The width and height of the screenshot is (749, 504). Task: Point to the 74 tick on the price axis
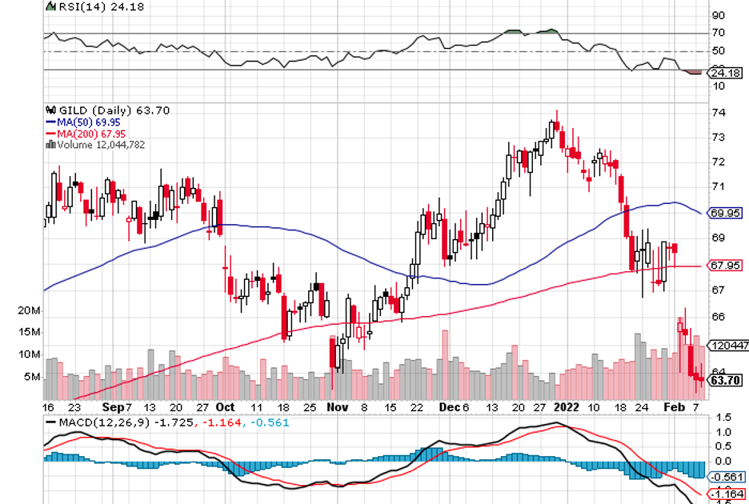tap(719, 112)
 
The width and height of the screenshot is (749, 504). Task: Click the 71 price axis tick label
tap(719, 186)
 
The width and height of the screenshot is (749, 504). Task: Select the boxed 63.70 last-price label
tap(726, 380)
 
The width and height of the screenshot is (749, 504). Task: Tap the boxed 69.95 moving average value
tap(726, 213)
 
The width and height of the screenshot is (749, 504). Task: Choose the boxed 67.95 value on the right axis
tap(726, 266)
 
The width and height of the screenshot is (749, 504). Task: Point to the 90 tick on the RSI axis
tap(719, 15)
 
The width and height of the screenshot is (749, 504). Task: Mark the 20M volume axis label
tap(29, 310)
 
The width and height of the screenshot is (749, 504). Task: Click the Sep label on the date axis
tap(113, 406)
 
